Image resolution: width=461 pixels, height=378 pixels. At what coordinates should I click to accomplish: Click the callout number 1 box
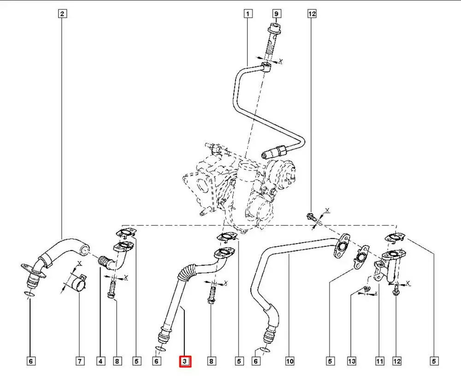(x=248, y=14)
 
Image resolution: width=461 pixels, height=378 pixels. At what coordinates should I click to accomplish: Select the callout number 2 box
(x=63, y=14)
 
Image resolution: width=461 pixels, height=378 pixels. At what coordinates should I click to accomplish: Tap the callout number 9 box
(x=276, y=14)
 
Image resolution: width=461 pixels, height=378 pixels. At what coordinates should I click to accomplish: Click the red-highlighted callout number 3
(x=184, y=362)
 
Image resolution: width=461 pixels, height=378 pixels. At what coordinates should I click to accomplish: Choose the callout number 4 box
(x=100, y=362)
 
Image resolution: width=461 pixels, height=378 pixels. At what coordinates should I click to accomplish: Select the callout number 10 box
(x=290, y=362)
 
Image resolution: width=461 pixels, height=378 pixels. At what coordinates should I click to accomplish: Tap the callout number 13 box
(x=352, y=362)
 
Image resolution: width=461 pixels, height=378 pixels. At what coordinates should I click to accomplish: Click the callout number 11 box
(x=379, y=362)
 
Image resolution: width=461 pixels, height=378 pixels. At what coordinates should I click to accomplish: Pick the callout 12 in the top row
(x=312, y=14)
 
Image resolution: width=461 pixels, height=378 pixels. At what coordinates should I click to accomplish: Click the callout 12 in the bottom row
(x=396, y=362)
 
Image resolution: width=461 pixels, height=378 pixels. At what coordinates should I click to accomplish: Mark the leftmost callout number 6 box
(x=30, y=362)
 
